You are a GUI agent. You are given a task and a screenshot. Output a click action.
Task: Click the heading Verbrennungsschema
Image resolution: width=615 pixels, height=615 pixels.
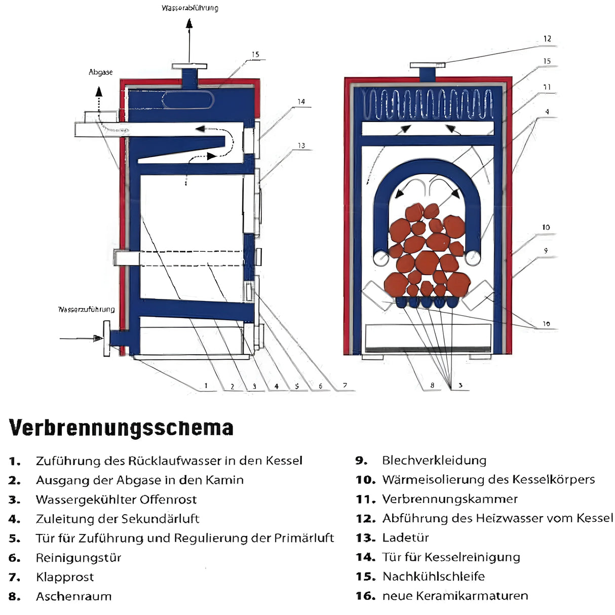(x=121, y=428)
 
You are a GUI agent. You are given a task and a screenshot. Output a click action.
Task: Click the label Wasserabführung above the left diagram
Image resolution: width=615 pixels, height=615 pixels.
(x=190, y=8)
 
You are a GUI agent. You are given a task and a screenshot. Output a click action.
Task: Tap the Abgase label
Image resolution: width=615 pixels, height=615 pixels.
(x=100, y=72)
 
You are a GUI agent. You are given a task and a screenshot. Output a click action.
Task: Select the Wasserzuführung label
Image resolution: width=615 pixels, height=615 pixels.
(x=87, y=309)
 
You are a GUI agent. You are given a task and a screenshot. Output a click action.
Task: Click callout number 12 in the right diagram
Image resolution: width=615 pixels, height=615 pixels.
(x=547, y=39)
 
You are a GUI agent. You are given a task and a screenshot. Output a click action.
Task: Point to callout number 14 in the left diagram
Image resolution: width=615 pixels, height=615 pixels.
(x=301, y=102)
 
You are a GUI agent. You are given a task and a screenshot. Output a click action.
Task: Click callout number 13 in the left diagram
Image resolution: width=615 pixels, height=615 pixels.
(x=301, y=145)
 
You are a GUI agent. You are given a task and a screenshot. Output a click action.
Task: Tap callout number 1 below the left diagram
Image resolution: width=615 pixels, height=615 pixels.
(x=206, y=386)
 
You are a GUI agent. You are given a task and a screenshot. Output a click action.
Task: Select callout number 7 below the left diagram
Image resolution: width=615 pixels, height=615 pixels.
(x=345, y=386)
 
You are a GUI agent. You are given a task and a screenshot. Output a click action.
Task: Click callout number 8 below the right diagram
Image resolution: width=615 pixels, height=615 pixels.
(x=432, y=386)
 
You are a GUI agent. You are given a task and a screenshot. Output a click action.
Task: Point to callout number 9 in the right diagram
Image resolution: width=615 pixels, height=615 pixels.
(x=546, y=251)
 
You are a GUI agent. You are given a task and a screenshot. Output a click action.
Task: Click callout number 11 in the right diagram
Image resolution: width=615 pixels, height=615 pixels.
(x=547, y=87)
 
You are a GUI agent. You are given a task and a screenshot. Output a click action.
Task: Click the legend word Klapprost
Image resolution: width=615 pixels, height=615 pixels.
(x=65, y=577)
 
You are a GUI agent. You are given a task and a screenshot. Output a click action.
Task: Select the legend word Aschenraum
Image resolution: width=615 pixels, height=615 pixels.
(x=74, y=596)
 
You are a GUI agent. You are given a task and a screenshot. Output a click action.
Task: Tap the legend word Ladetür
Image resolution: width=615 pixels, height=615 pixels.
(x=405, y=537)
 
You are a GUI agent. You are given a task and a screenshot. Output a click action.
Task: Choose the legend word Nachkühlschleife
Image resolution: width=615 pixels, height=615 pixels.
(x=434, y=576)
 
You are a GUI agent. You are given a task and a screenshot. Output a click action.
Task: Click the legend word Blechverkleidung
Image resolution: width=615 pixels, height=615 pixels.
(x=434, y=460)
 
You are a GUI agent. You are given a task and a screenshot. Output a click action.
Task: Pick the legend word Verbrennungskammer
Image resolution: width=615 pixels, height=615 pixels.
(x=450, y=499)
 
